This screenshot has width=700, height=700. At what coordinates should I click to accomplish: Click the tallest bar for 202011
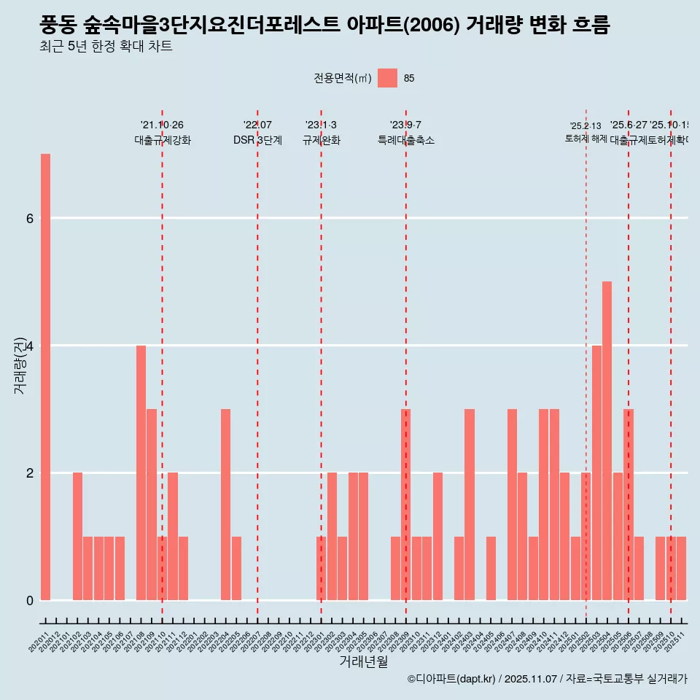coord(45,376)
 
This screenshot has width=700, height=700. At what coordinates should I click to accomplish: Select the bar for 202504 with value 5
coord(607,440)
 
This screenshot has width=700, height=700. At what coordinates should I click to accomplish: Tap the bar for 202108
coord(141,472)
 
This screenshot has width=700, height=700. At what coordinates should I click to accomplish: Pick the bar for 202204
coord(225,505)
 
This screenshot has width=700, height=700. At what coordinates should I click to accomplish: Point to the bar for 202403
coord(470,505)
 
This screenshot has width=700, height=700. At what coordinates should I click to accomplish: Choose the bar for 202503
coord(596,472)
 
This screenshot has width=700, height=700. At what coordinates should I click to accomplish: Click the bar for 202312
coord(437,536)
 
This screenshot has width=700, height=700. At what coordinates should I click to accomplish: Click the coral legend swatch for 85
coord(387,79)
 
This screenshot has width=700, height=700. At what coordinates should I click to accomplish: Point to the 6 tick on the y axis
coord(29,218)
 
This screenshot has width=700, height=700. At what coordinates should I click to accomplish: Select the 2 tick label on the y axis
coord(29,472)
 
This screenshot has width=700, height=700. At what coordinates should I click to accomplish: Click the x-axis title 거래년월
coord(363,662)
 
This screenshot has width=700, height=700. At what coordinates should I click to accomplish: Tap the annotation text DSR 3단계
coord(257,140)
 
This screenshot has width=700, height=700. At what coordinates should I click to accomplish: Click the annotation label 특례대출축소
coord(405,140)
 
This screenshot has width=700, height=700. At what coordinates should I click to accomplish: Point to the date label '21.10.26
coord(162,125)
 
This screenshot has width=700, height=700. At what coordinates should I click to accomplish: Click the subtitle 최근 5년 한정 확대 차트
coord(106,47)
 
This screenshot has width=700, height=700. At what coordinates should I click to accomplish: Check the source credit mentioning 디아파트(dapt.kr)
coord(547,679)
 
